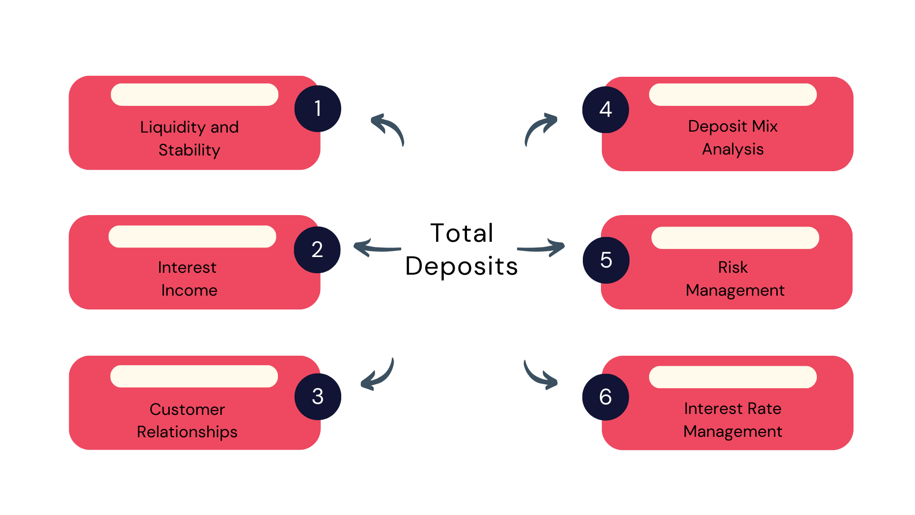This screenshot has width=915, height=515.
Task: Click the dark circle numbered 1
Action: (318, 109)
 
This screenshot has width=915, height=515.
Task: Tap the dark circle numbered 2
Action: (317, 250)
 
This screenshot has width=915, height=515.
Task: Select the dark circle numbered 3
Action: (318, 397)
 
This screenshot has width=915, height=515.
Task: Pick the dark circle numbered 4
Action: (606, 110)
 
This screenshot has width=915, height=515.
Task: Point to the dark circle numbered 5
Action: (606, 260)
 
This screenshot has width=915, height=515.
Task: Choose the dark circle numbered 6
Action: (606, 397)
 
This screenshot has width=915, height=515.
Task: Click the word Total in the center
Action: (462, 233)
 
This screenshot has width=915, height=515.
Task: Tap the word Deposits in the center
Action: (461, 266)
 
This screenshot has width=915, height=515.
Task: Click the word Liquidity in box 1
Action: (173, 128)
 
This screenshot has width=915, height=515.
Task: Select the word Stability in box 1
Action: (189, 150)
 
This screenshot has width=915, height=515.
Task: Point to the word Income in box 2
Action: (189, 290)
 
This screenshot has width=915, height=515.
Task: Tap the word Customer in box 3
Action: (187, 409)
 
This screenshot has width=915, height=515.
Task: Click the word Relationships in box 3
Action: (187, 432)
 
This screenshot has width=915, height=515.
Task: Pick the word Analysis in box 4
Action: (733, 149)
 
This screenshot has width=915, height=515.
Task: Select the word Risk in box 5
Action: (733, 268)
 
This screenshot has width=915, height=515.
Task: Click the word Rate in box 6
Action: (764, 409)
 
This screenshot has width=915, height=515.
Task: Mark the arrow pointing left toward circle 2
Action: (377, 248)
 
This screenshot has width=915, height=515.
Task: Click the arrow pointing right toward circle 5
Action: (541, 248)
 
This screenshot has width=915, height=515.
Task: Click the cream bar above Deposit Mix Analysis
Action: (733, 94)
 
